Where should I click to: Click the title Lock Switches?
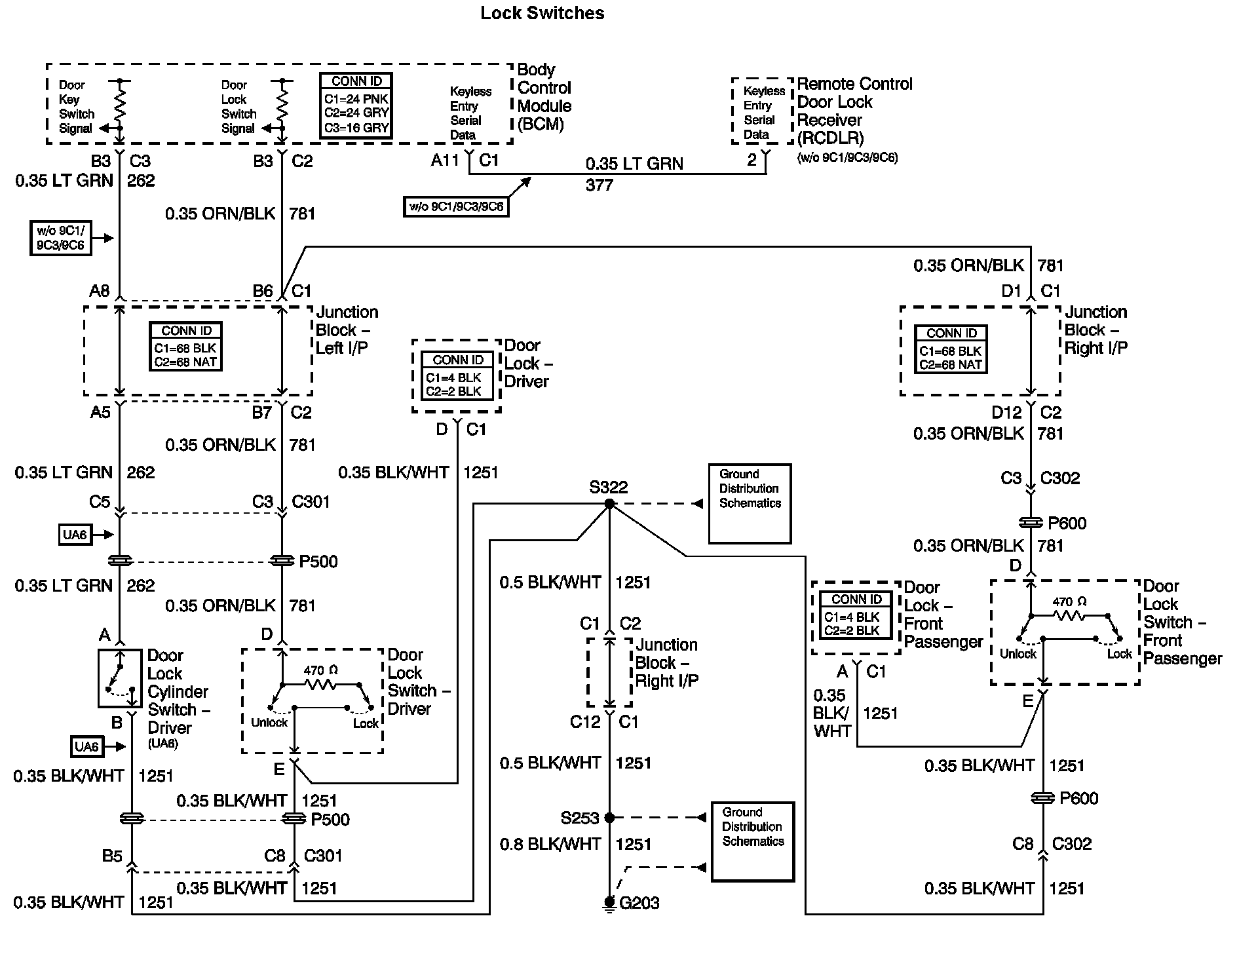click(542, 13)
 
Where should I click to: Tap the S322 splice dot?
click(609, 504)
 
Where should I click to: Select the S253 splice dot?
click(609, 818)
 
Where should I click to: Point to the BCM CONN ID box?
click(356, 105)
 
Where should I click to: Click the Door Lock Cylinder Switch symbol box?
click(119, 678)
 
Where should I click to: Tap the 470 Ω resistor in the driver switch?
click(320, 684)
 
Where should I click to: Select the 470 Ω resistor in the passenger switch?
click(1069, 615)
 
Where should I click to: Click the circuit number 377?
click(599, 185)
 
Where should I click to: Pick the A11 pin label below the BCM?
click(445, 161)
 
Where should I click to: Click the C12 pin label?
click(585, 722)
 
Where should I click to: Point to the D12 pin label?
click(1006, 413)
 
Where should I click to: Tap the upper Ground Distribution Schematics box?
click(750, 504)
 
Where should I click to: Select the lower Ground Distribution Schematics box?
click(753, 842)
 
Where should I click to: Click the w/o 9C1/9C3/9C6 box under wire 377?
click(456, 207)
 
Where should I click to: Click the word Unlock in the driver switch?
click(269, 723)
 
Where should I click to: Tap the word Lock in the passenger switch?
click(1119, 654)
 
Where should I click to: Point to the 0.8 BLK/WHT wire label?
click(550, 844)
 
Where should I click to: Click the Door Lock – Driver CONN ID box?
click(457, 376)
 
